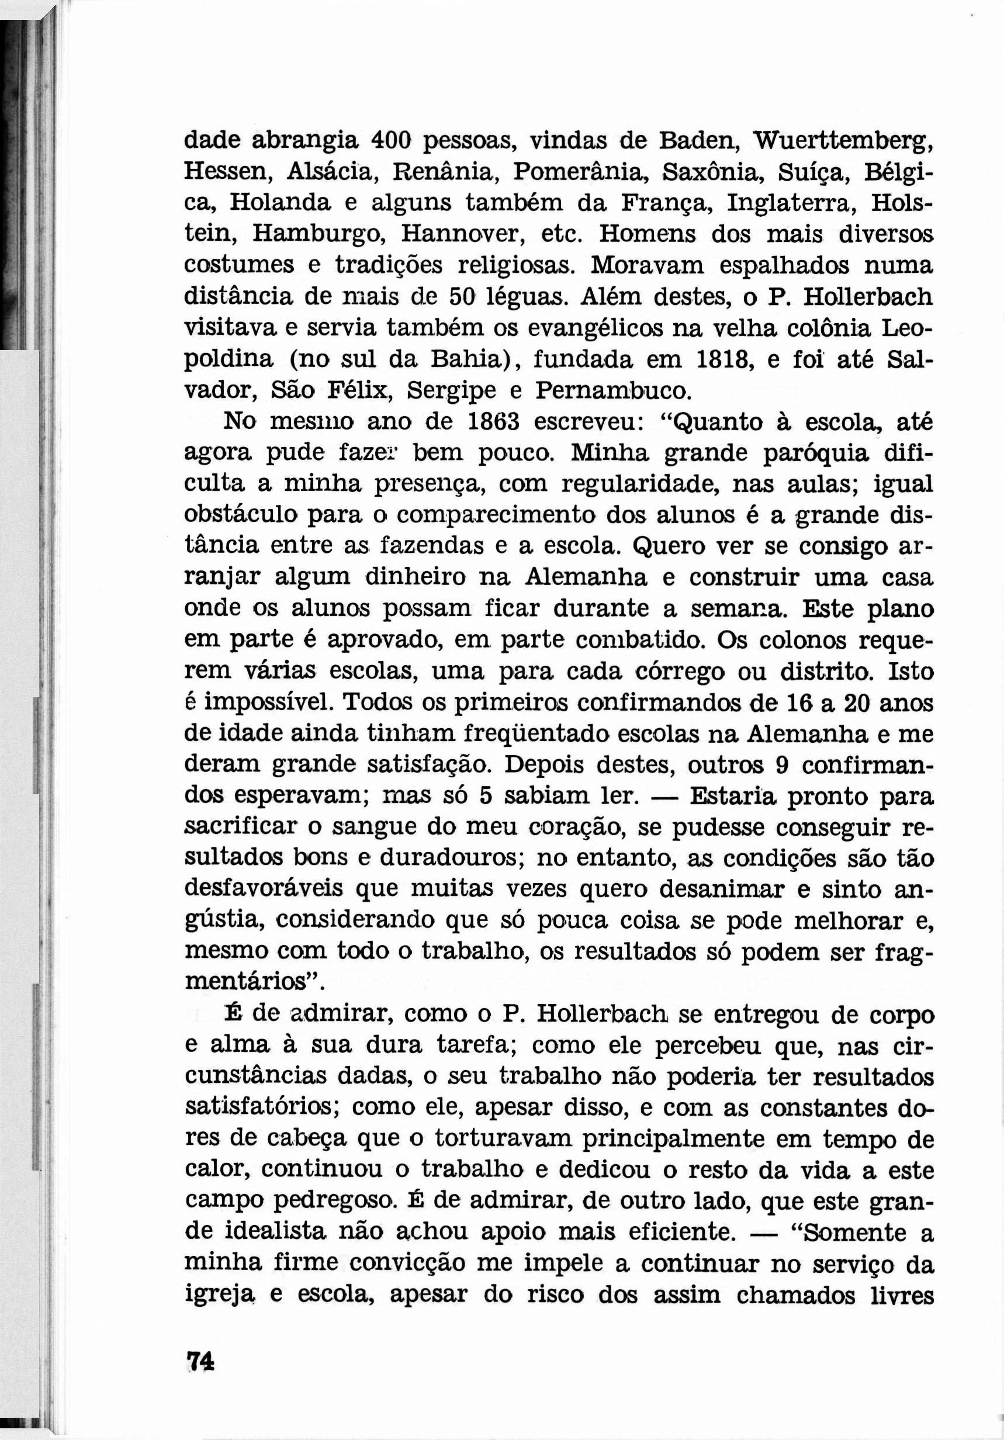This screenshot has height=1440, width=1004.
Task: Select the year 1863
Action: click(495, 422)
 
